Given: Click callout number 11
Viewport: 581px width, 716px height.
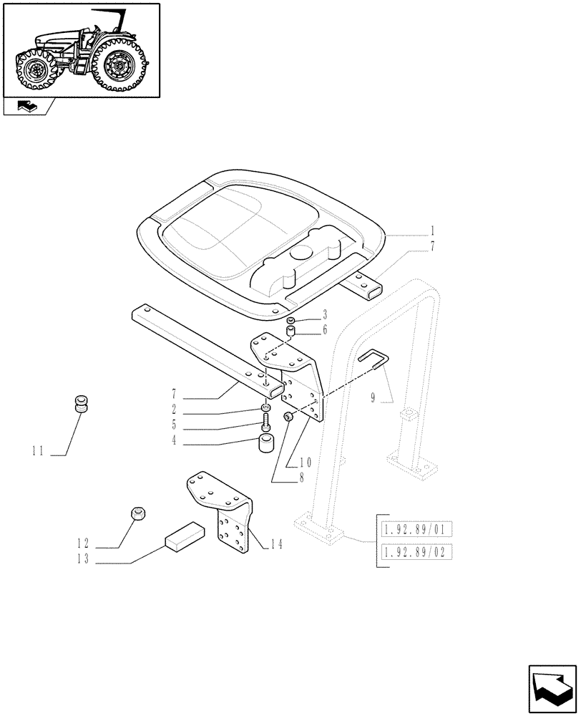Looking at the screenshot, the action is tap(38, 451).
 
